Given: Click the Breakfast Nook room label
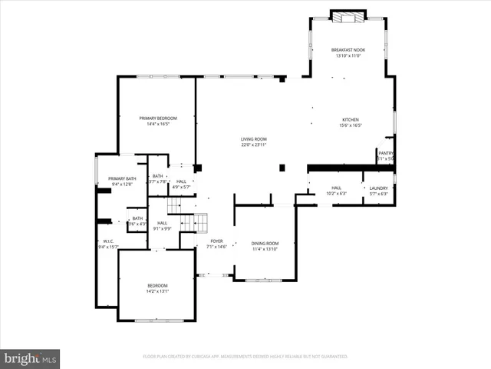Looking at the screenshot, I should click(x=348, y=50).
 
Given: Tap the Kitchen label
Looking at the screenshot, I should click(x=351, y=120).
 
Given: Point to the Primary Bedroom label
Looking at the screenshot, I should click(x=158, y=118).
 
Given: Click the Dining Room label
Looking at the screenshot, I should click(x=264, y=243).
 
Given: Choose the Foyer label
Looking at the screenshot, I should click(x=216, y=241).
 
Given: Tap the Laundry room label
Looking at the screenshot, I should click(x=378, y=188).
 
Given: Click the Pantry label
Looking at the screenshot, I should click(x=386, y=153).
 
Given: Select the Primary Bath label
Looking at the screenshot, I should click(x=122, y=178).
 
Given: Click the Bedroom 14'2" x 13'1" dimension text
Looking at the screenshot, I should click(x=157, y=291).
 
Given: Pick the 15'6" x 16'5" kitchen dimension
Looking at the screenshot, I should click(x=351, y=125).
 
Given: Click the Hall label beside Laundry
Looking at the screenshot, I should click(x=336, y=188).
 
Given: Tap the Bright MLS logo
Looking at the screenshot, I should click(x=31, y=357).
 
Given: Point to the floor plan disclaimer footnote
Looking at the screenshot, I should click(x=245, y=357).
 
